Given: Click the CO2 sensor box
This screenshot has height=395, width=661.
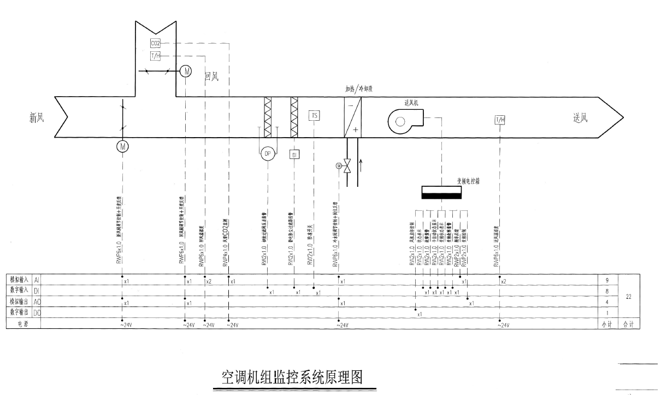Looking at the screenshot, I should pos(155,43).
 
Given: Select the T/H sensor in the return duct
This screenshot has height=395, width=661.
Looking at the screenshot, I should pos(155,56).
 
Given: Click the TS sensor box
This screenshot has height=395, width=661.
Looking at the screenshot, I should pos(314,115).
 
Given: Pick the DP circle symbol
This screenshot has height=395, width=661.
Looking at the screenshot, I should pos(268,154).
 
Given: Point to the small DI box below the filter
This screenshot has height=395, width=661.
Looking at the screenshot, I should pos(294,154).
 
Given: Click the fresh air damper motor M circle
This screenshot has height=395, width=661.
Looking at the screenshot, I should pos(122,146).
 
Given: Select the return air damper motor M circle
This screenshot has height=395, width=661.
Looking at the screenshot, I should pos(186,71).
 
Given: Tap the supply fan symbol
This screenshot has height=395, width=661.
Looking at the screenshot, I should pos(403,120).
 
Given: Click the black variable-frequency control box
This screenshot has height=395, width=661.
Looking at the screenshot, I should pos(441,193).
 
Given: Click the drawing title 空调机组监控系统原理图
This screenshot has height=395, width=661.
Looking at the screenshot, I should pos(292,378).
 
